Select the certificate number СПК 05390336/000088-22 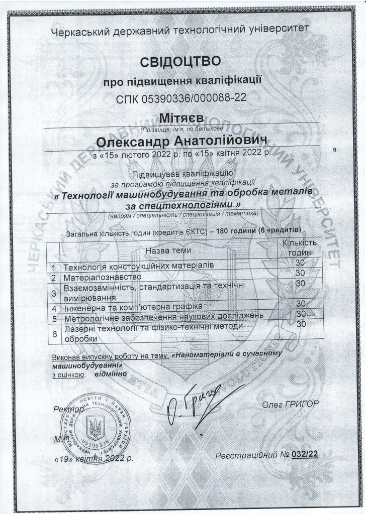click(180, 98)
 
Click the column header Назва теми click(167, 250)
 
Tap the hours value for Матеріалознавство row click(301, 273)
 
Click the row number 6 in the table click(53, 333)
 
